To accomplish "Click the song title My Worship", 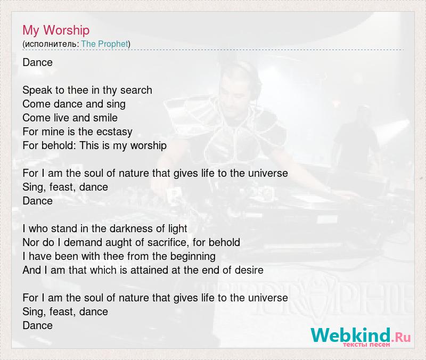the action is click(x=56, y=30).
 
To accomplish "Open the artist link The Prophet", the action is click(x=104, y=44).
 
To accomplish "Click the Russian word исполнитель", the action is click(x=51, y=44).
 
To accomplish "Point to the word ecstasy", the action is click(x=114, y=132).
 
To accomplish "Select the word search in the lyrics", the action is click(x=136, y=90).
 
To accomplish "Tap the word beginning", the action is click(x=193, y=257).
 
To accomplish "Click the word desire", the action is click(x=249, y=270).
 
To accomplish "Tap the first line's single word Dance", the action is click(x=37, y=62).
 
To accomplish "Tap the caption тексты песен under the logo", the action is click(x=366, y=345).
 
